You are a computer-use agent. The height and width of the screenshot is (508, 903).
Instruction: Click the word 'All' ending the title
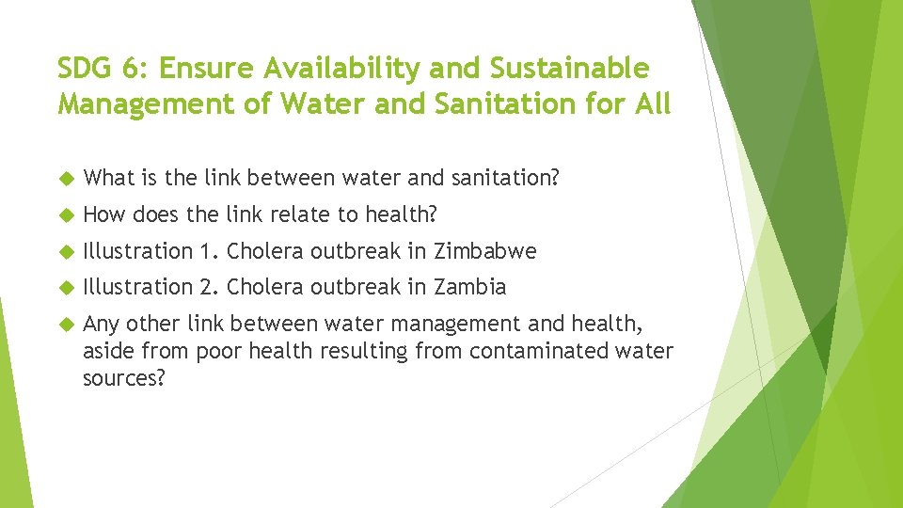tap(651, 103)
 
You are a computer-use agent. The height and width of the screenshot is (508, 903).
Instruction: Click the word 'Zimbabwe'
tap(484, 251)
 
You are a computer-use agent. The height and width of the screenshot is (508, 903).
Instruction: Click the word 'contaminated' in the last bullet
tap(522, 352)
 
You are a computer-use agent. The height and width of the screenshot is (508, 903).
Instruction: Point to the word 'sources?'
tap(123, 377)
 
